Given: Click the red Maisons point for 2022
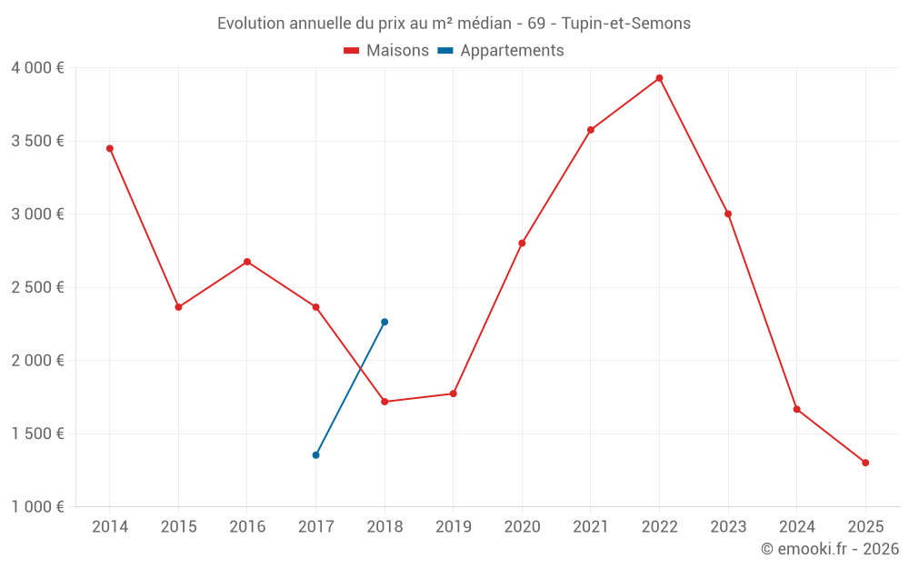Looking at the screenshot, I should (x=659, y=78).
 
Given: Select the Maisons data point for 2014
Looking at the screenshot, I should (x=110, y=148).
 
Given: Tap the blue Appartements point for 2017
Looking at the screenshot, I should (x=315, y=454).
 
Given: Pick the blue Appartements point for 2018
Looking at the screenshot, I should (x=385, y=322).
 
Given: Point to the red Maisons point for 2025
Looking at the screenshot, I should (x=865, y=463).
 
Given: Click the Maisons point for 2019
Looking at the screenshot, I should (x=453, y=394).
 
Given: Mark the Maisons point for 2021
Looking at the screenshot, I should (x=591, y=130).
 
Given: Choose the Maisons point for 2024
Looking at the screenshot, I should (x=796, y=409).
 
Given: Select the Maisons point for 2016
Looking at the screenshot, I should (x=247, y=262).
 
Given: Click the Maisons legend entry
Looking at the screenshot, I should (x=386, y=51).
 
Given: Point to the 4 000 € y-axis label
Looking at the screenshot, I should (x=37, y=68).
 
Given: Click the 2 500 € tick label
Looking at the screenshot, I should (x=37, y=287).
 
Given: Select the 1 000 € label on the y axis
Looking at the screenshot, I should (x=37, y=507).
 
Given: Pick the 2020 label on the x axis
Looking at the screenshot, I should (x=522, y=527).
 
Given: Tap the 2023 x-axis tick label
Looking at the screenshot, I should (x=728, y=527).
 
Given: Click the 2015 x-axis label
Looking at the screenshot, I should (x=178, y=527).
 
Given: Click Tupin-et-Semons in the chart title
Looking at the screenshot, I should (x=633, y=24).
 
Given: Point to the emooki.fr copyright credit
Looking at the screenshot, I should (x=829, y=549).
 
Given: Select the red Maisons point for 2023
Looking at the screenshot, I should (x=728, y=214).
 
